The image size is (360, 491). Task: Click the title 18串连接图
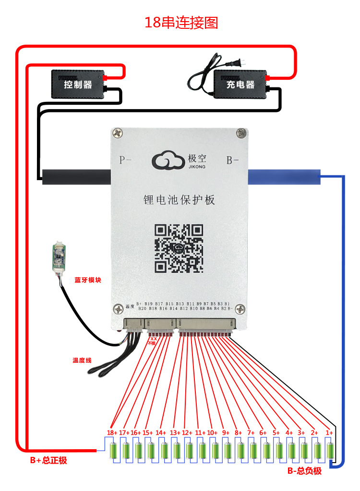coord(181,22)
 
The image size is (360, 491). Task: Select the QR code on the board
coord(179,248)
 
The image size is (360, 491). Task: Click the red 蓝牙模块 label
coord(87,280)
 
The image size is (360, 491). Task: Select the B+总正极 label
coord(48,460)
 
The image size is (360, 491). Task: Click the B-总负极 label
coord(304,471)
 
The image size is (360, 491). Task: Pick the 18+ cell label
coord(112,432)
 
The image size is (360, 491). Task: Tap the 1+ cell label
coord(329,432)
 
